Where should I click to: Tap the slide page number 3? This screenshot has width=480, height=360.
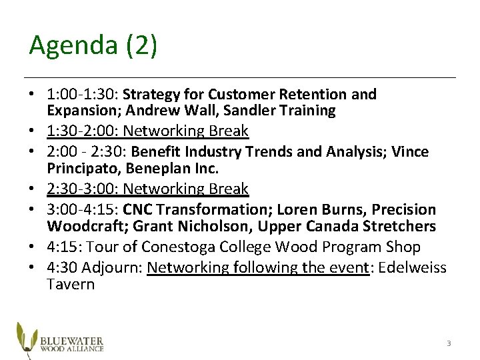[x=449, y=343]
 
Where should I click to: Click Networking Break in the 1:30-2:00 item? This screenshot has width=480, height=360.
[x=186, y=131]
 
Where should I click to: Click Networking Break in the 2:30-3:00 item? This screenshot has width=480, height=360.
[x=186, y=189]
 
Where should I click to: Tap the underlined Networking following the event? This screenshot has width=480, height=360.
[x=257, y=268]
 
